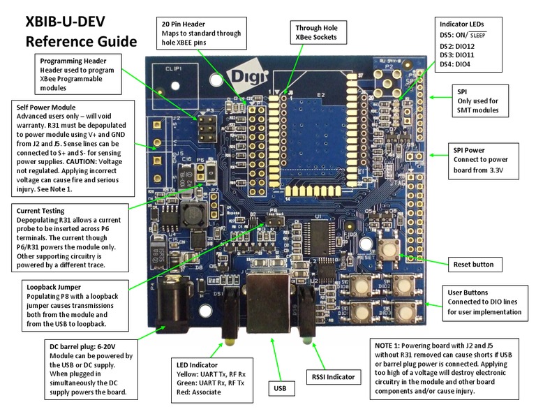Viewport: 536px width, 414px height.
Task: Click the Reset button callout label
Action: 472,265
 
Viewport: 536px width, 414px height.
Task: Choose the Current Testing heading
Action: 40,210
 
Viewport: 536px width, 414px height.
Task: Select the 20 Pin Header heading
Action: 185,24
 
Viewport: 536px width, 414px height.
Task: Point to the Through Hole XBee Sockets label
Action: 315,31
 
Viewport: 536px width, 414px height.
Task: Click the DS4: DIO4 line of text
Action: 457,64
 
